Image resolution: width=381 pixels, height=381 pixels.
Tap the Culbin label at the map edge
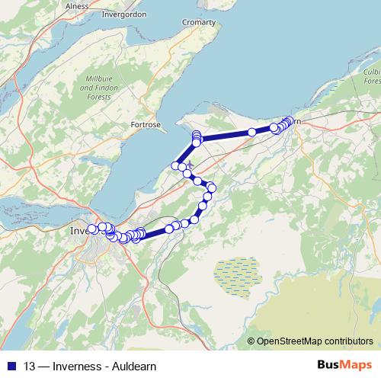coord(371,71)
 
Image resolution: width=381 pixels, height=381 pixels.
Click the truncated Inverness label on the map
coord(79,230)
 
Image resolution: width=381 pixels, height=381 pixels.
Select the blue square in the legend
coord(11,364)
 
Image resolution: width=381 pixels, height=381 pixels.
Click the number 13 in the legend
coord(30,364)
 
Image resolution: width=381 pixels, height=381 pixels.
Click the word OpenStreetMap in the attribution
coord(290,341)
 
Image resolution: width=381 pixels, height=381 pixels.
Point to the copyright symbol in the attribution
coord(251,341)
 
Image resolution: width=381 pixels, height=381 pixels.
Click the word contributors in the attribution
coord(348,341)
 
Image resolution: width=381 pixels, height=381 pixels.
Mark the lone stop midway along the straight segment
coord(251,133)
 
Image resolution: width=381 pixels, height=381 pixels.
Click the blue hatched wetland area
coord(236,273)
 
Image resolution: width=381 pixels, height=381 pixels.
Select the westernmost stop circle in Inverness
coord(92,229)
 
